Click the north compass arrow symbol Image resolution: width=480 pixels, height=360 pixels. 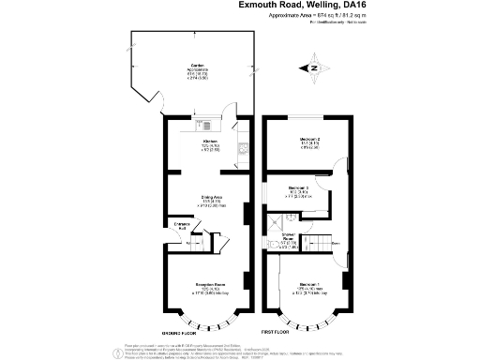pyautogui.click(x=313, y=67)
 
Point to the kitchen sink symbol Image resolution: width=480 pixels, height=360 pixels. pyautogui.click(x=205, y=125)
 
